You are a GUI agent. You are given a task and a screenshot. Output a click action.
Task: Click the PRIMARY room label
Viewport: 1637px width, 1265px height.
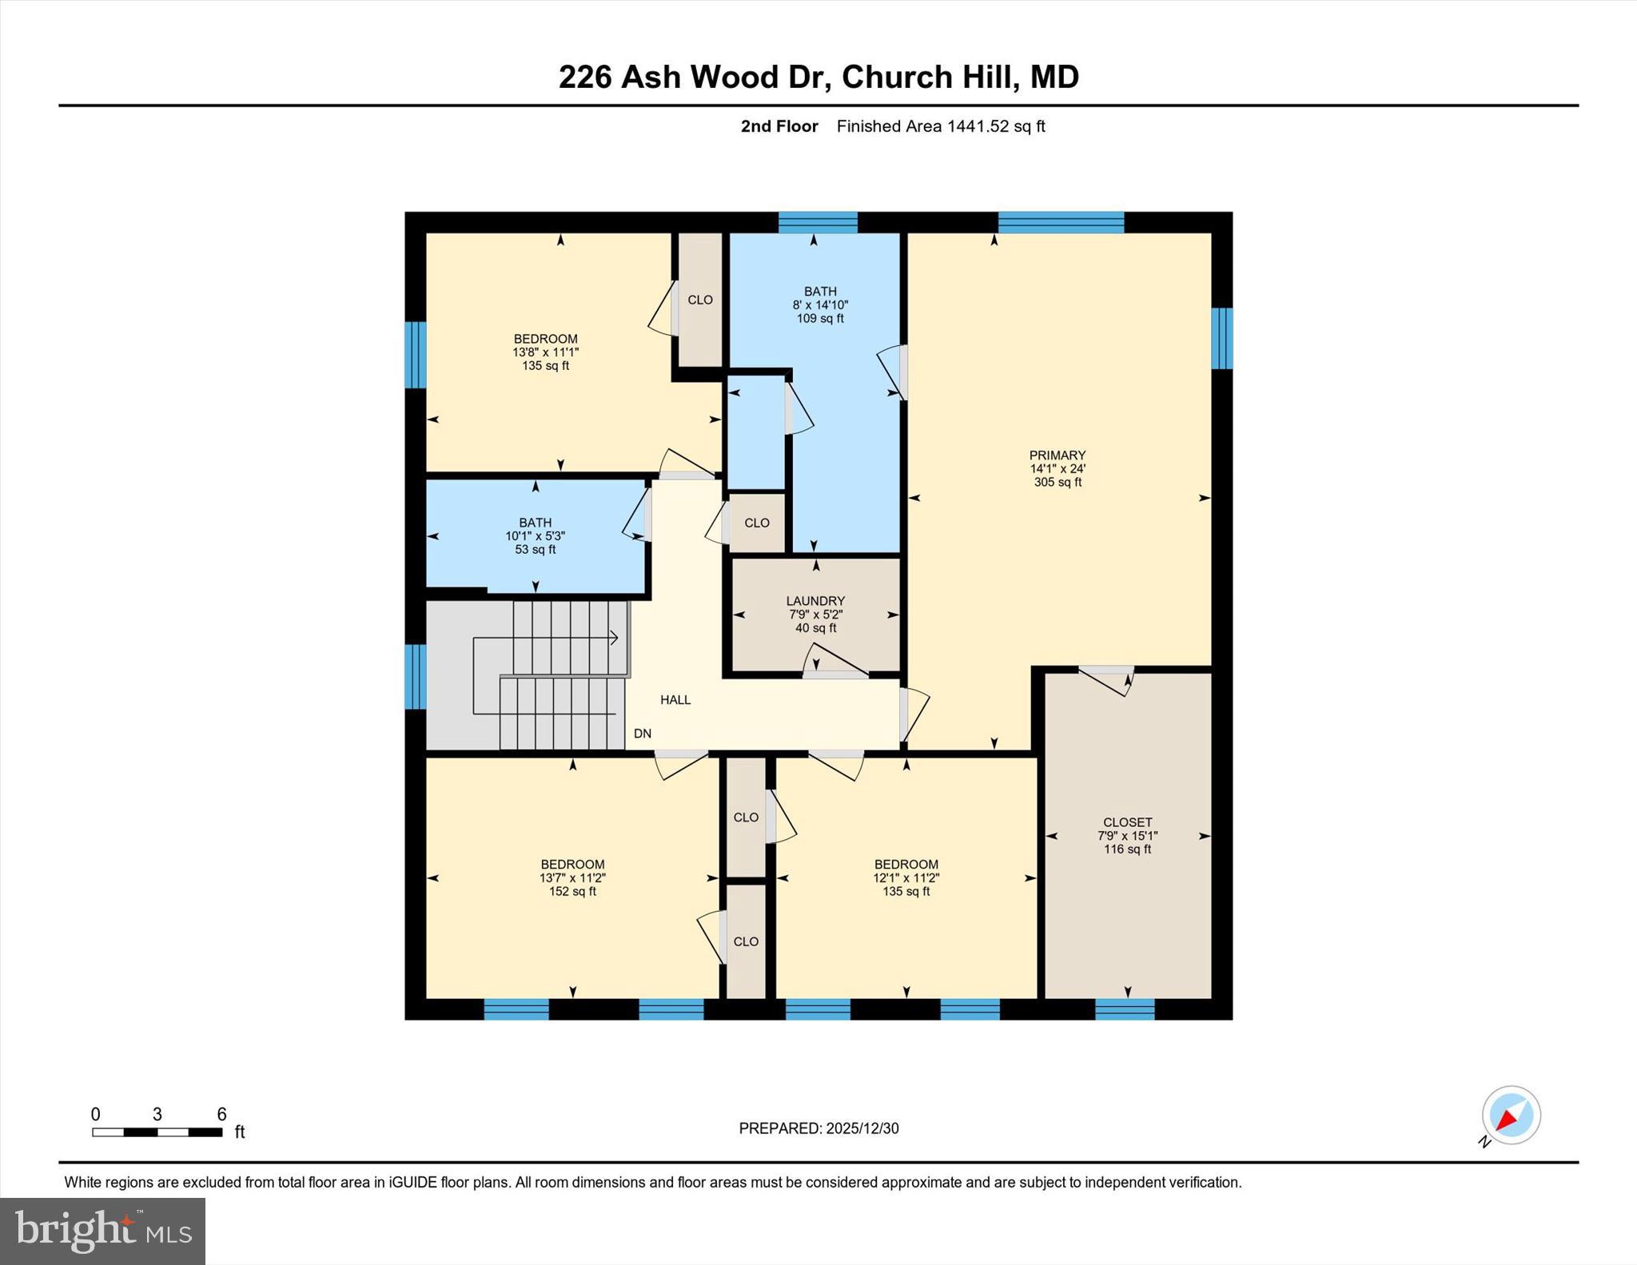(x=1057, y=455)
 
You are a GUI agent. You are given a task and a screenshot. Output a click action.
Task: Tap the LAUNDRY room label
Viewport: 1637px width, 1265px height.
(x=815, y=601)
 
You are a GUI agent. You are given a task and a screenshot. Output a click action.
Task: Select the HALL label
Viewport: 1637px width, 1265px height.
(x=675, y=700)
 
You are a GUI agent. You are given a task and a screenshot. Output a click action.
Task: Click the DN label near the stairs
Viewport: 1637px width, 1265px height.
(x=643, y=734)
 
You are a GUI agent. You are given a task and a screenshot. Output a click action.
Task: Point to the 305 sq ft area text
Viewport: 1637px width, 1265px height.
(x=1057, y=483)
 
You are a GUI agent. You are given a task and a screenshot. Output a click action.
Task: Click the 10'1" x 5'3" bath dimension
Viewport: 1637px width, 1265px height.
(x=535, y=536)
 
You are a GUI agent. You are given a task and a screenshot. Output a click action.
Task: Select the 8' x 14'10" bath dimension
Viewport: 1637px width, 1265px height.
(x=820, y=305)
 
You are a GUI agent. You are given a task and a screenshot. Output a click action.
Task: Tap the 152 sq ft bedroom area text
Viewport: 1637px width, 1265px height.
(x=572, y=892)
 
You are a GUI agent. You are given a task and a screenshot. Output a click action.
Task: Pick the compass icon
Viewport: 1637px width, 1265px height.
(x=1511, y=1115)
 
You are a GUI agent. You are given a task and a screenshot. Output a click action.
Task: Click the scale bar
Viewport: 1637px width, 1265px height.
(x=157, y=1132)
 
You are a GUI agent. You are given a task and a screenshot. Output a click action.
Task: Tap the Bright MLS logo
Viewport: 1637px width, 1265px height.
(x=102, y=1230)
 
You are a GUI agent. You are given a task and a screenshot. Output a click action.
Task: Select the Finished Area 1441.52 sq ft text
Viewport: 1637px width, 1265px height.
(x=941, y=126)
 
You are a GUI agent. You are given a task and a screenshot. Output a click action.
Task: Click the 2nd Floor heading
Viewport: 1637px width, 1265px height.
(x=779, y=126)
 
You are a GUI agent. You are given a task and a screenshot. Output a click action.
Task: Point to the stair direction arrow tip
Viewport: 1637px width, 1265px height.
(x=617, y=638)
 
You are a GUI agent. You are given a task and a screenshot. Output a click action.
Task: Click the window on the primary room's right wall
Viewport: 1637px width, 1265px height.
(x=1222, y=339)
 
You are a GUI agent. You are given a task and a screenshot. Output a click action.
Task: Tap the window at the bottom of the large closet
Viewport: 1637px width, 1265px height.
(x=1125, y=1009)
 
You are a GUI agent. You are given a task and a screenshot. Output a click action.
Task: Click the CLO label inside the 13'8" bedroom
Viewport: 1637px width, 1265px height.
(x=700, y=300)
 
